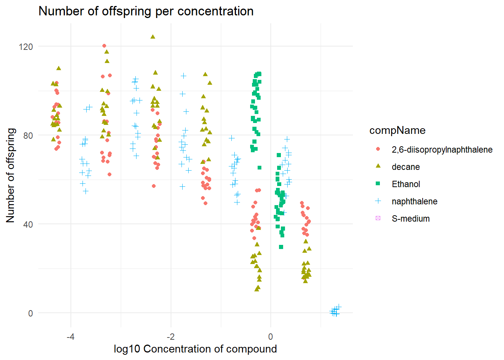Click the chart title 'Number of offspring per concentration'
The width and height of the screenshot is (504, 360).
[146, 11]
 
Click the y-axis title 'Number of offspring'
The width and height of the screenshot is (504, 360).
[10, 175]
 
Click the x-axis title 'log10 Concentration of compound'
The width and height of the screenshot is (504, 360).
[195, 349]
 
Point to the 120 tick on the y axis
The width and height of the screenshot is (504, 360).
[25, 46]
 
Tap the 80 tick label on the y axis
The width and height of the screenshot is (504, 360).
[28, 135]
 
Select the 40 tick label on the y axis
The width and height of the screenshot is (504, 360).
[28, 224]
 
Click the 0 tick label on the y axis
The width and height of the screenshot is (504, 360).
[30, 313]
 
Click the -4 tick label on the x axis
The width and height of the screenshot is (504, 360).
[70, 336]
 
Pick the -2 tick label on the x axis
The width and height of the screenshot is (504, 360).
[171, 336]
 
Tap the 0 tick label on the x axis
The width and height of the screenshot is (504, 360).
[270, 336]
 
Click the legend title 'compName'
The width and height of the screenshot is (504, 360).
[397, 130]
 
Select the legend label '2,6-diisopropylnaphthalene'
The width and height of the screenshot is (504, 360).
[442, 150]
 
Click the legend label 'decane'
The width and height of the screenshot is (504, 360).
[405, 167]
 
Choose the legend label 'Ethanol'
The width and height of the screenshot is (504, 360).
[406, 184]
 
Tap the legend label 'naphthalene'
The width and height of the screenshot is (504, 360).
[414, 201]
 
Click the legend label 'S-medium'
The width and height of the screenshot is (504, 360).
[411, 219]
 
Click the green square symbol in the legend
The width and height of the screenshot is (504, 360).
[378, 184]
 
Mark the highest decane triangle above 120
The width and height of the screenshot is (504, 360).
[153, 37]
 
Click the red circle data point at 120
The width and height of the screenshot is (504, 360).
[104, 46]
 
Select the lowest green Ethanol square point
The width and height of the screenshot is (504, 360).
[281, 247]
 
